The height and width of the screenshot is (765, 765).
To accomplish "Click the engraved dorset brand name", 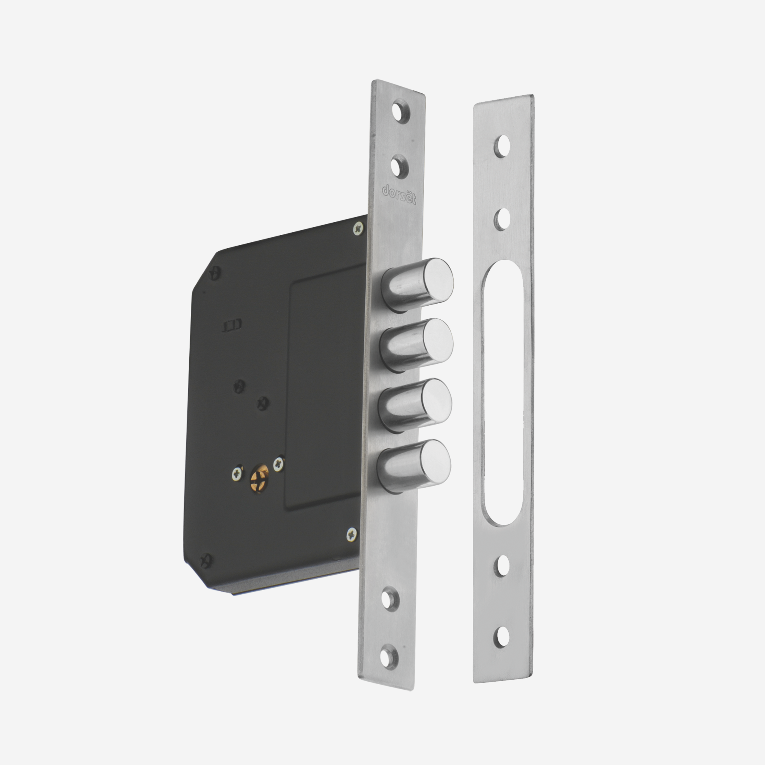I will pyautogui.click(x=399, y=194).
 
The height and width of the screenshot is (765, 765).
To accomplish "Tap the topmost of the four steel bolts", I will pyautogui.click(x=418, y=283).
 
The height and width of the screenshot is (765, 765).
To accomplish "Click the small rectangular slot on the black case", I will pyautogui.click(x=232, y=326).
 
